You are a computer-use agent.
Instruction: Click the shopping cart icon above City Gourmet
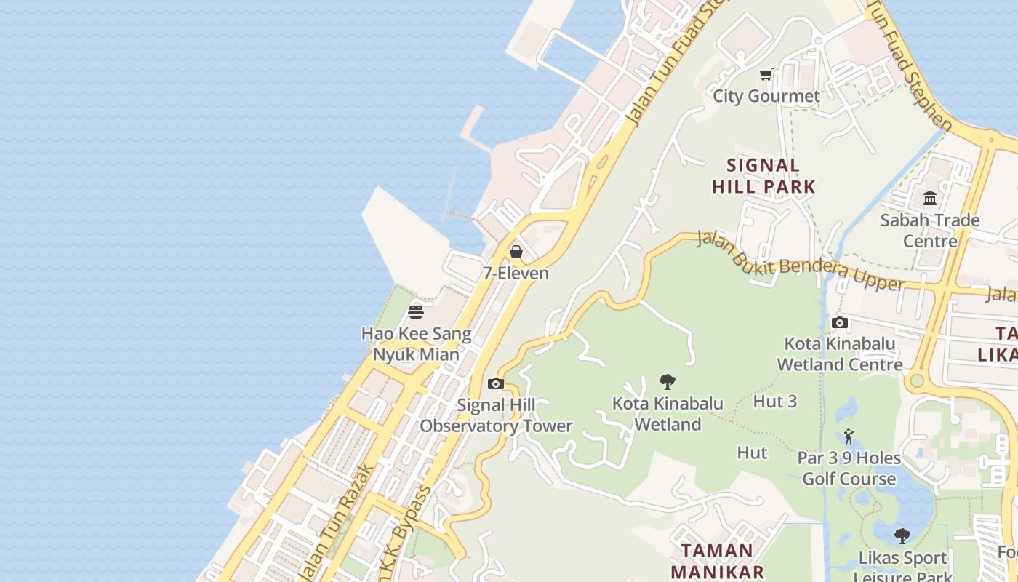(766, 75)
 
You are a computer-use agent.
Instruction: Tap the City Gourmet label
(766, 96)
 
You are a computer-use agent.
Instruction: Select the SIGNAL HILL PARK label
(763, 176)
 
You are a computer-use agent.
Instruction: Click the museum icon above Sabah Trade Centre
(930, 199)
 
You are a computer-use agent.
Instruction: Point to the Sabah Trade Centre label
(930, 231)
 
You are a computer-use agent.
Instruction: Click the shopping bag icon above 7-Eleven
(516, 252)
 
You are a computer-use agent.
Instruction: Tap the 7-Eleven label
(516, 274)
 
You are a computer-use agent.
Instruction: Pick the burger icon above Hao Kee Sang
(416, 312)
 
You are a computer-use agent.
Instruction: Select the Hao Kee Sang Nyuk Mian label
(416, 344)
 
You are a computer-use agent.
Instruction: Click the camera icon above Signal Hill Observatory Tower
(496, 383)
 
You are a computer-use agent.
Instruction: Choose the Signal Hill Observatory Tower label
(496, 415)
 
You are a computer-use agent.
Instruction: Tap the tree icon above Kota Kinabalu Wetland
(668, 381)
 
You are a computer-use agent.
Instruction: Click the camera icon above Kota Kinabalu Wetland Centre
(840, 322)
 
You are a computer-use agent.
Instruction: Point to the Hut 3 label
(775, 402)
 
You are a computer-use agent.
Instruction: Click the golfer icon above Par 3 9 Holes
(849, 436)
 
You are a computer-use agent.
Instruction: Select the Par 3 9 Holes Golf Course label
(849, 469)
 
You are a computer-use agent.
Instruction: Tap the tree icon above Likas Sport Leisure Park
(902, 537)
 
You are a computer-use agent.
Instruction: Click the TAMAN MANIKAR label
(717, 561)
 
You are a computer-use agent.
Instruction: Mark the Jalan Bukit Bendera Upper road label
(800, 261)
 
